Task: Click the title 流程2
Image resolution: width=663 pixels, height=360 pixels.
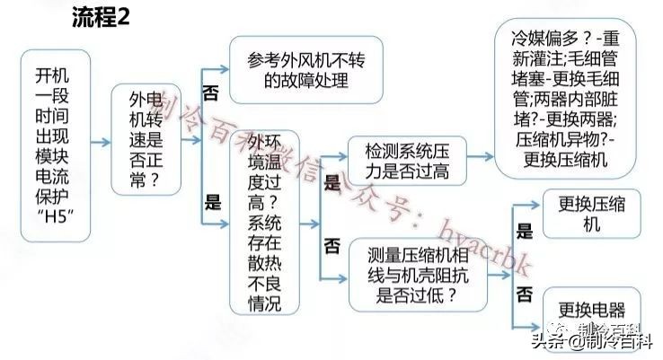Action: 101,22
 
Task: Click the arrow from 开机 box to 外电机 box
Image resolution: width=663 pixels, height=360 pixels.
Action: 98,141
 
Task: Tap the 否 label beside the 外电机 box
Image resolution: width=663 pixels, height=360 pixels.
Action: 212,92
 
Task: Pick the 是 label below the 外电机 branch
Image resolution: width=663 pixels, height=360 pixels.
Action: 212,203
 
